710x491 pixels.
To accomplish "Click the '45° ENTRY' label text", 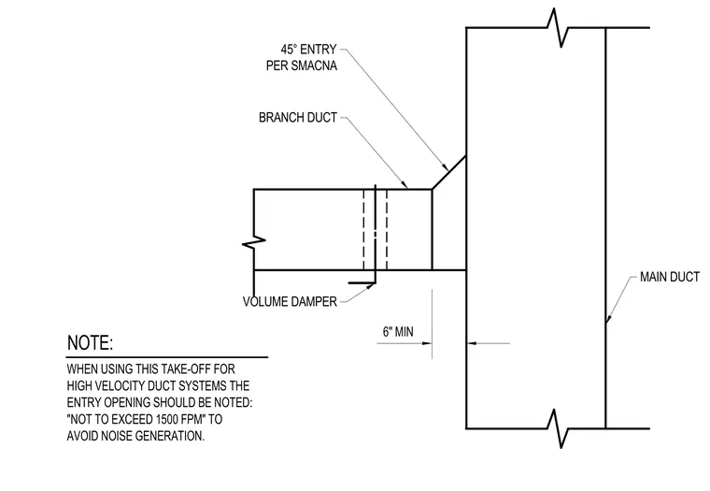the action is pos(308,49).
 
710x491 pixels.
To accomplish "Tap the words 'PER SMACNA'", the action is pos(302,65).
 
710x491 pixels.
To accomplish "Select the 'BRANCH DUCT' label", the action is pos(298,118).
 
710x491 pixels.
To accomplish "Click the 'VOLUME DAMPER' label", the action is pos(290,301).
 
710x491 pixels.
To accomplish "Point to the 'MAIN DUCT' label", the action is pos(670,277).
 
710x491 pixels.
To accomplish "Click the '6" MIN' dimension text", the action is pos(398,332).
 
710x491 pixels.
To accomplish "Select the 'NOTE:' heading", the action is pos(90,343).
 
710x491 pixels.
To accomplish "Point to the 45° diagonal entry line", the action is pos(449,172).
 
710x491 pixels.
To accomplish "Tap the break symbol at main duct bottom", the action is pos(558,428).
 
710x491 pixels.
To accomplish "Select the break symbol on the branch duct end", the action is pos(254,242).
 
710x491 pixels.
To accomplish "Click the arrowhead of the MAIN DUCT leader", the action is pos(608,318).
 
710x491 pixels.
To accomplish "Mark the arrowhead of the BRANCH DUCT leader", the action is pos(405,183).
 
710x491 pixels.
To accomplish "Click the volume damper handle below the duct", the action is pos(362,282).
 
